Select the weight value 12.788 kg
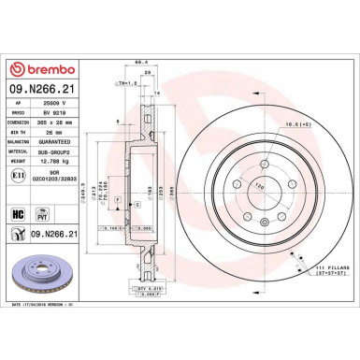click(x=50, y=162)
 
